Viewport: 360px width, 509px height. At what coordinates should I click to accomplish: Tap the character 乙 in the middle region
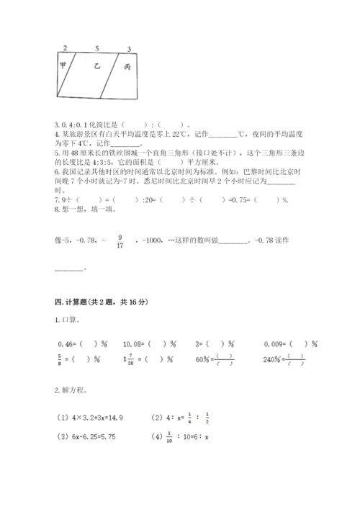click(96, 66)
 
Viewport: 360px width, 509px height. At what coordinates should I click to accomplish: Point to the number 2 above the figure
click(65, 48)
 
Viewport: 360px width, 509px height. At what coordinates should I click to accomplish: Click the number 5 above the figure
click(96, 48)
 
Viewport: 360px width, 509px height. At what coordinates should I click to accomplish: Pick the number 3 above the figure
click(129, 49)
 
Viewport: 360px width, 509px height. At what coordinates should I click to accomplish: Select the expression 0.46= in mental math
click(66, 344)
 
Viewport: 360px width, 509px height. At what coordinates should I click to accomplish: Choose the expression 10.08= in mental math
click(135, 344)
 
